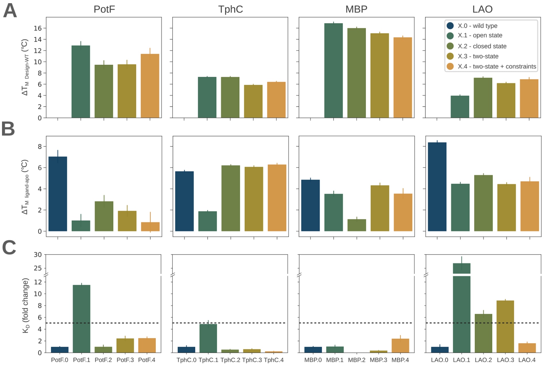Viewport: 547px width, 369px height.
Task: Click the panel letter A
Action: point(10,11)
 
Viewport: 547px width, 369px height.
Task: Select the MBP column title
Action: point(356,9)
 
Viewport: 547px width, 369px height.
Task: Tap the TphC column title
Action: point(230,9)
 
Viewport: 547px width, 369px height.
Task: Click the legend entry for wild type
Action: point(477,26)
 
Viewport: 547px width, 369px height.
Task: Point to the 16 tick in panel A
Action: point(38,28)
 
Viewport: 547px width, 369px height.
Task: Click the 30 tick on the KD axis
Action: point(38,255)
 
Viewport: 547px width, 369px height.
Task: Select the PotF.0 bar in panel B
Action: point(58,194)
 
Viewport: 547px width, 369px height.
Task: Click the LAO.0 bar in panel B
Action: point(437,187)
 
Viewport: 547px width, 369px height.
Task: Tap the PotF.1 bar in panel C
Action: point(82,319)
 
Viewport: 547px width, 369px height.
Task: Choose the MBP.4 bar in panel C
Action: point(400,346)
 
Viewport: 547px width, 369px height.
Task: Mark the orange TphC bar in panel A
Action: point(276,100)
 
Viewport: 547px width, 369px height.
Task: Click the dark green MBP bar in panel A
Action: point(333,70)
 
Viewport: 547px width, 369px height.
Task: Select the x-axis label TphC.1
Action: point(208,360)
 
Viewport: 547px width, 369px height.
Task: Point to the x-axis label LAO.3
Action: point(505,360)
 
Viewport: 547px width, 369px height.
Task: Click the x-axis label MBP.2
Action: point(357,360)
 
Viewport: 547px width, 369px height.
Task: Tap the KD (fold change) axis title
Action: point(26,306)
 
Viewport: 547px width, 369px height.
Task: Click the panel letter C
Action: point(9,247)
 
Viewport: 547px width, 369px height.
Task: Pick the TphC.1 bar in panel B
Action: point(208,221)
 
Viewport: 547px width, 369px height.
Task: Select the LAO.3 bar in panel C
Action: point(505,326)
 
